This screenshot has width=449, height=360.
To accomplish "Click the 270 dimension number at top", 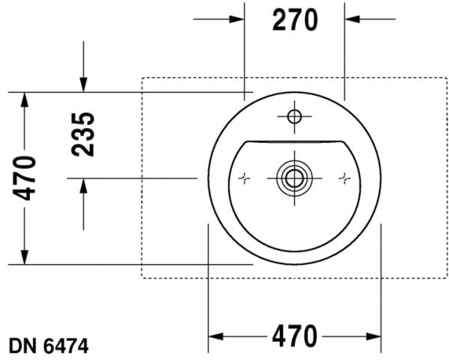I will pos(295,20).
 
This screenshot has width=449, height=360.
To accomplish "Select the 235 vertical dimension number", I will pos(83,135).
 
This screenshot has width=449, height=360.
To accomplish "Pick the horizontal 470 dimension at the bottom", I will pos(294,335).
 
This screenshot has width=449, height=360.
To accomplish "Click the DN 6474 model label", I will pos(49,346).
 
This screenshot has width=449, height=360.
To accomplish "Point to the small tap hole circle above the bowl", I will pos(293,116).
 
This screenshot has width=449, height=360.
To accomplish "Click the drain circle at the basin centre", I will pos(293,178).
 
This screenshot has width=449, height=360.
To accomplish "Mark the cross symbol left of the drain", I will pos(243,178).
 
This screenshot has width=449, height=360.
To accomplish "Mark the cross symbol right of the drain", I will pos(344,178).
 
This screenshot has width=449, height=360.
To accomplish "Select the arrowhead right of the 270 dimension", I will pos(352,18).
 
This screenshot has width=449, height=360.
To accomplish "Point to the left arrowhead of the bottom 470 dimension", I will pos(215,335).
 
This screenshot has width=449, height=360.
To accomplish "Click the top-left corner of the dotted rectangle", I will pos(142,77).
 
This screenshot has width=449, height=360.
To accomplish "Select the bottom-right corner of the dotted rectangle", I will pos(442,278).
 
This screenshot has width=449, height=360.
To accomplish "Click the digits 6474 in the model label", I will pos(65,346).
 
